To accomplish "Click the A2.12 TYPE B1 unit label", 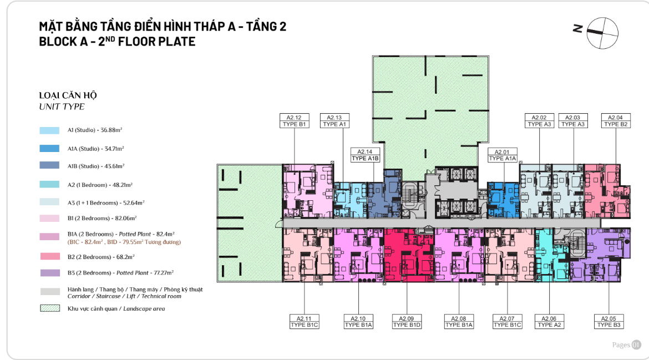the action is [295, 121].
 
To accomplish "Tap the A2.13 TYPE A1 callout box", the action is [334, 121].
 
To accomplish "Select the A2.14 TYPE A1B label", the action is [365, 155].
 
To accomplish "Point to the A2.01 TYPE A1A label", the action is [503, 155].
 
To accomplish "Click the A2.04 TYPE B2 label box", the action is [616, 121].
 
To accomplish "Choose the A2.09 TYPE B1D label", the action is [407, 322].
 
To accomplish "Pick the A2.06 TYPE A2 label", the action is [549, 322].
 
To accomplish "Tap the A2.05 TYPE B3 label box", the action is [609, 322].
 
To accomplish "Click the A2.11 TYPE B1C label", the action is [304, 322].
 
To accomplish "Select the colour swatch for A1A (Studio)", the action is [50, 149].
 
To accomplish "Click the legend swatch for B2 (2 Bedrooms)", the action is [50, 257].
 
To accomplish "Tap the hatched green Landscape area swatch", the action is [50, 308].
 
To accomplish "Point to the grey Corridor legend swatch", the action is [50, 292].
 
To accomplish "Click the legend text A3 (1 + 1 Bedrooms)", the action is [106, 203].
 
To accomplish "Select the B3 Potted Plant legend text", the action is [120, 273].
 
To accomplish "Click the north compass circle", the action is [602, 33].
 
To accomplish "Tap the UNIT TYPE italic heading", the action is [62, 107].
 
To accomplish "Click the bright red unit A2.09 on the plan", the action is [408, 255].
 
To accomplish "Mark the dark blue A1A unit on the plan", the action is [503, 200].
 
